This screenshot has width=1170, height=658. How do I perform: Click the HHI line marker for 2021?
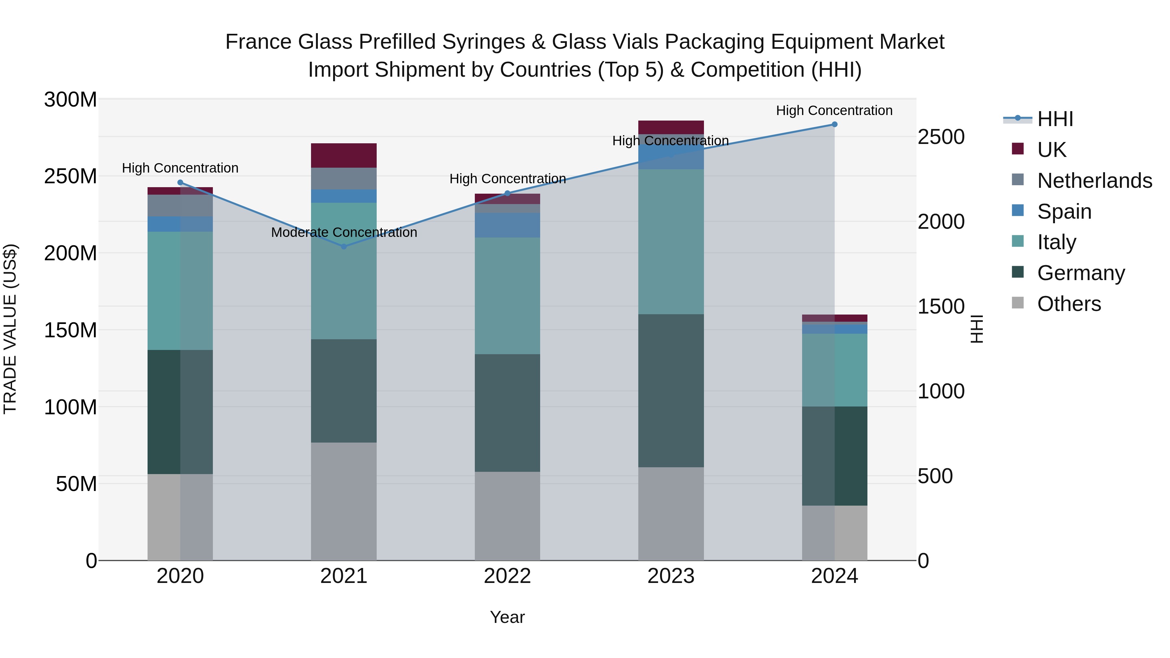pyautogui.click(x=344, y=247)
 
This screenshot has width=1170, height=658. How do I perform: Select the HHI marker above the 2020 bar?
pyautogui.click(x=180, y=183)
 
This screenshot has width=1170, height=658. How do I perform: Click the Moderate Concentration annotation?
pyautogui.click(x=344, y=233)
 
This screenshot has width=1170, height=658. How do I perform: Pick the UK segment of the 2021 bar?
pyautogui.click(x=344, y=155)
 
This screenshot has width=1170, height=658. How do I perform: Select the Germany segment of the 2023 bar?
pyautogui.click(x=671, y=391)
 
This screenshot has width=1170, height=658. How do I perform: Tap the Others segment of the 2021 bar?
pyautogui.click(x=344, y=501)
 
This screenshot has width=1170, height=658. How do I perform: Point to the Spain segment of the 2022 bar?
pyautogui.click(x=507, y=225)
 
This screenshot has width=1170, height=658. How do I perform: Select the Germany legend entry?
pyautogui.click(x=1081, y=273)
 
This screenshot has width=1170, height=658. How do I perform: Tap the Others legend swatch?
pyautogui.click(x=1018, y=303)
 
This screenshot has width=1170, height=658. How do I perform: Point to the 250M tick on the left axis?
pyautogui.click(x=71, y=176)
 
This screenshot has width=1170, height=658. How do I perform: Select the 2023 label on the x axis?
pyautogui.click(x=671, y=576)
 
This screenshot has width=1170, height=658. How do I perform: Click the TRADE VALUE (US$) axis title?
pyautogui.click(x=10, y=329)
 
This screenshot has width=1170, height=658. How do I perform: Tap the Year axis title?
pyautogui.click(x=507, y=617)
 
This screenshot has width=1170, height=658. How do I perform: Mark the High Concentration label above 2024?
pyautogui.click(x=834, y=110)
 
